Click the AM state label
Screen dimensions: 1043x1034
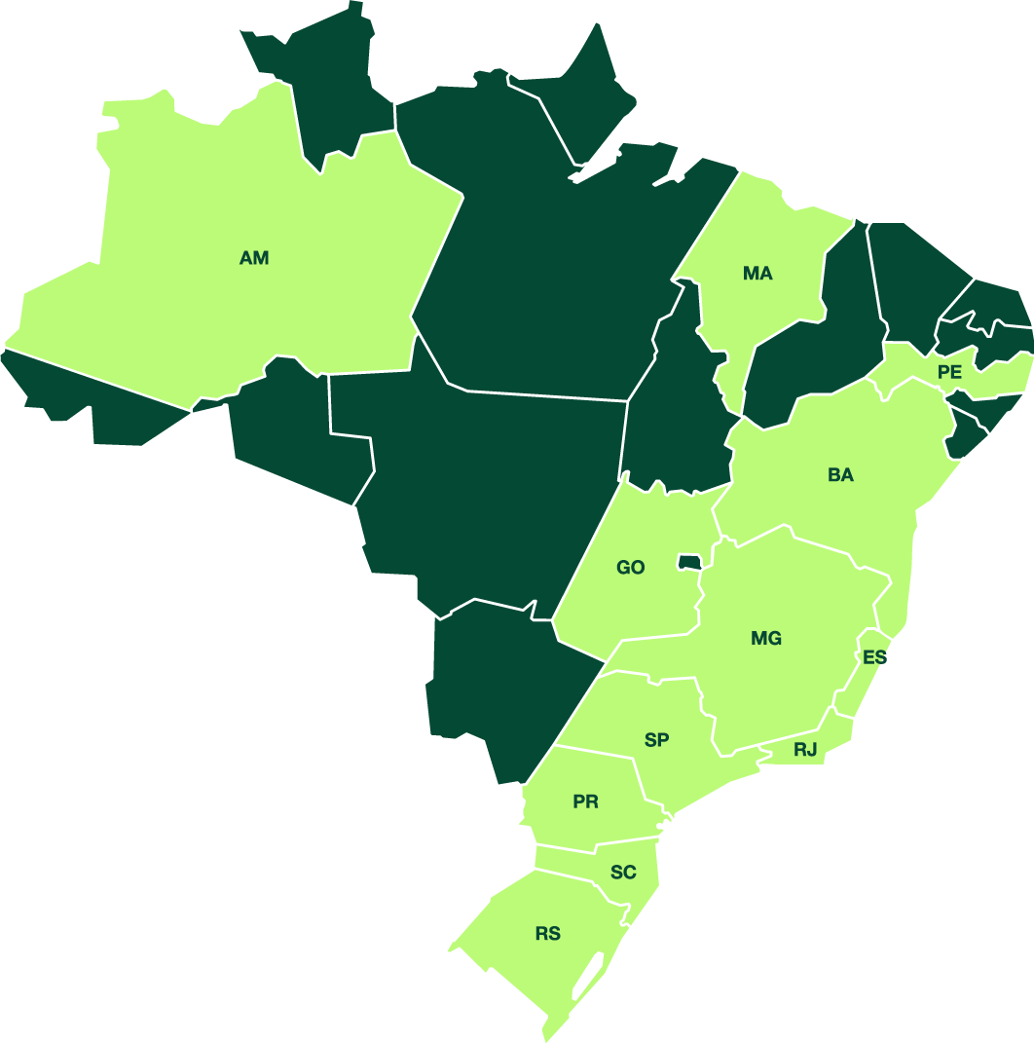[x=254, y=258]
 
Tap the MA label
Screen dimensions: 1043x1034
[x=757, y=274]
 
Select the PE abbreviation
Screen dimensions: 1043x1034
[x=949, y=372]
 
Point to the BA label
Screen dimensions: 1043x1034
[x=840, y=475]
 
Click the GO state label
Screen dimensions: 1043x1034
[x=631, y=568]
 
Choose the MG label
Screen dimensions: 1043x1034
[x=766, y=639]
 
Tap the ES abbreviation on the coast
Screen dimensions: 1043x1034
[x=874, y=657]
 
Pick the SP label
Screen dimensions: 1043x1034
[x=657, y=740]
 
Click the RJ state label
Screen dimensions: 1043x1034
[x=805, y=750]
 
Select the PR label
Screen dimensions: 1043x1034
[x=585, y=802]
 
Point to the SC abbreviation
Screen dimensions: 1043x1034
[x=623, y=873]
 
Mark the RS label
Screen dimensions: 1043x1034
[x=548, y=934]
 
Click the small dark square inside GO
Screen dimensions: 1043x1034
[x=689, y=562]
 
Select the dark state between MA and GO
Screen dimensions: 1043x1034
[x=682, y=409]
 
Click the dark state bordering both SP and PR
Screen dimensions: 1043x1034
[x=506, y=682]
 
